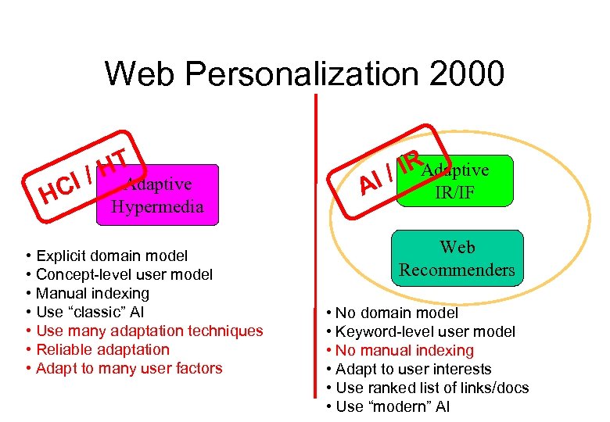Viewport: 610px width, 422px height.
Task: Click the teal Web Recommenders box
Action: pyautogui.click(x=457, y=259)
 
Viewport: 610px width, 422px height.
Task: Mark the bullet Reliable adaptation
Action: pyautogui.click(x=102, y=349)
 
